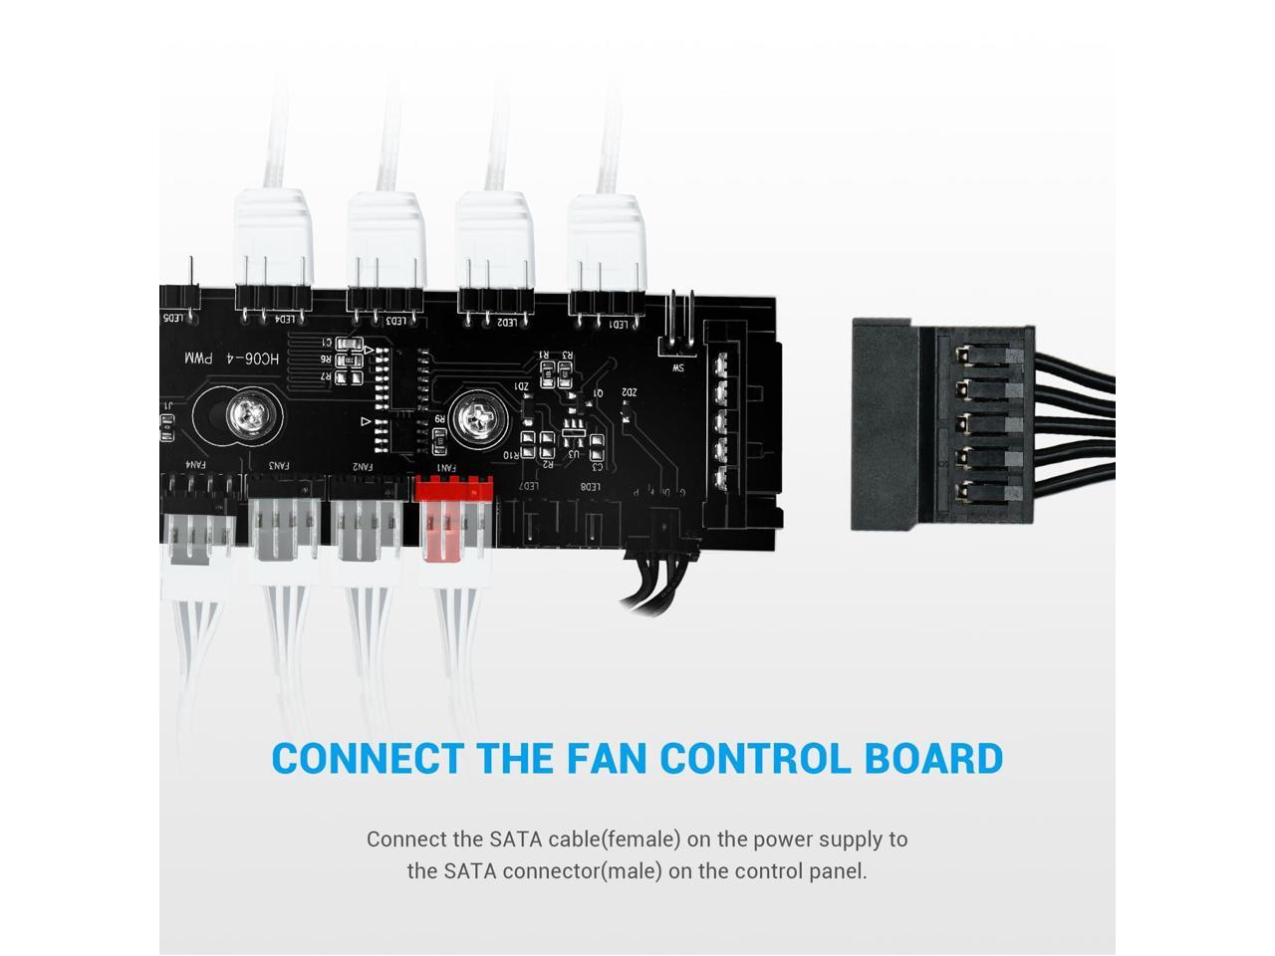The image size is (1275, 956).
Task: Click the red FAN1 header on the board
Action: [453, 490]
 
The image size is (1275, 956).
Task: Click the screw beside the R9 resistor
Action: [474, 419]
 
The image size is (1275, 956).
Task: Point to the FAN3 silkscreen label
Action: [280, 465]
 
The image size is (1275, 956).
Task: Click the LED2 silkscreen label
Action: [507, 322]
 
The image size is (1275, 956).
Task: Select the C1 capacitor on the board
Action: [345, 343]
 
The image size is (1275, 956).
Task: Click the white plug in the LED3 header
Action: [384, 244]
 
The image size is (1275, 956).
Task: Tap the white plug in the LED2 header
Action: [494, 244]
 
